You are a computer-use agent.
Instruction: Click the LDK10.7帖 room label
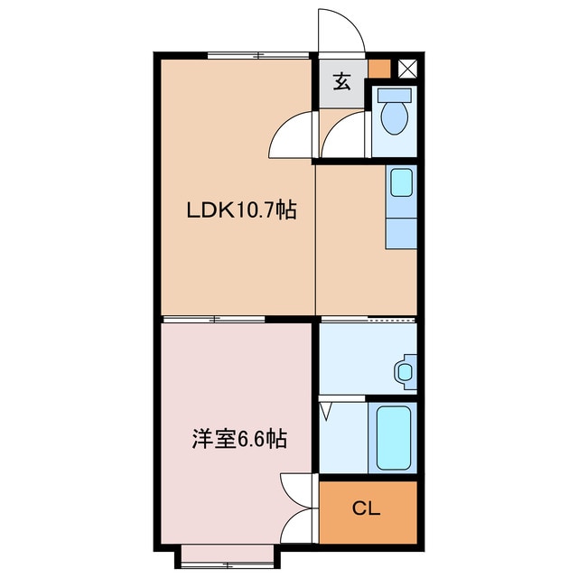point(242,210)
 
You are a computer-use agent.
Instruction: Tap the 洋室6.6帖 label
point(239,439)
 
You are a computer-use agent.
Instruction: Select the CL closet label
point(366,508)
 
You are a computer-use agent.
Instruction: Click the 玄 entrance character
point(342,82)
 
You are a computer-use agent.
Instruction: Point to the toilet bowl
point(395,118)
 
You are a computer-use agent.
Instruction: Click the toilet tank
point(395,94)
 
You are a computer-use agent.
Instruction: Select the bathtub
point(394,437)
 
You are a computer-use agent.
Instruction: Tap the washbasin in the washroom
point(406,371)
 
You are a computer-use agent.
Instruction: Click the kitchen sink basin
point(401,182)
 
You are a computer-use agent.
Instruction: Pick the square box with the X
point(407,69)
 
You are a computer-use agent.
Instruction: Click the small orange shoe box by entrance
point(379,69)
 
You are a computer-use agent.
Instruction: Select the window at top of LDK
point(257,56)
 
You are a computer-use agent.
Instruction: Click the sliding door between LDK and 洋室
point(214,319)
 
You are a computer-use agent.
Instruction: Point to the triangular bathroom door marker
point(326,412)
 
